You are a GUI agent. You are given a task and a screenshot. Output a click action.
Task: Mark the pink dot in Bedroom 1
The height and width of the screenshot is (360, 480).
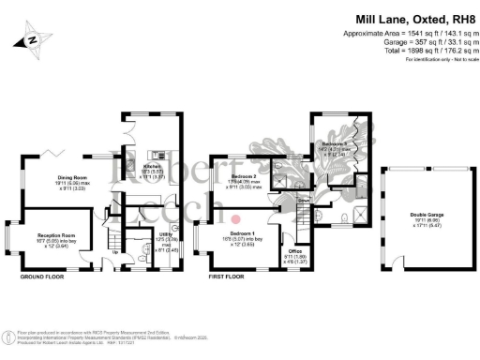pos(235,220)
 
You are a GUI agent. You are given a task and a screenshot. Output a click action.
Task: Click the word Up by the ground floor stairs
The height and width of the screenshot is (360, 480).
pos(115,251)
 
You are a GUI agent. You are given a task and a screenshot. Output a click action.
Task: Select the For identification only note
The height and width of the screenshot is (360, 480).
pos(435,59)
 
